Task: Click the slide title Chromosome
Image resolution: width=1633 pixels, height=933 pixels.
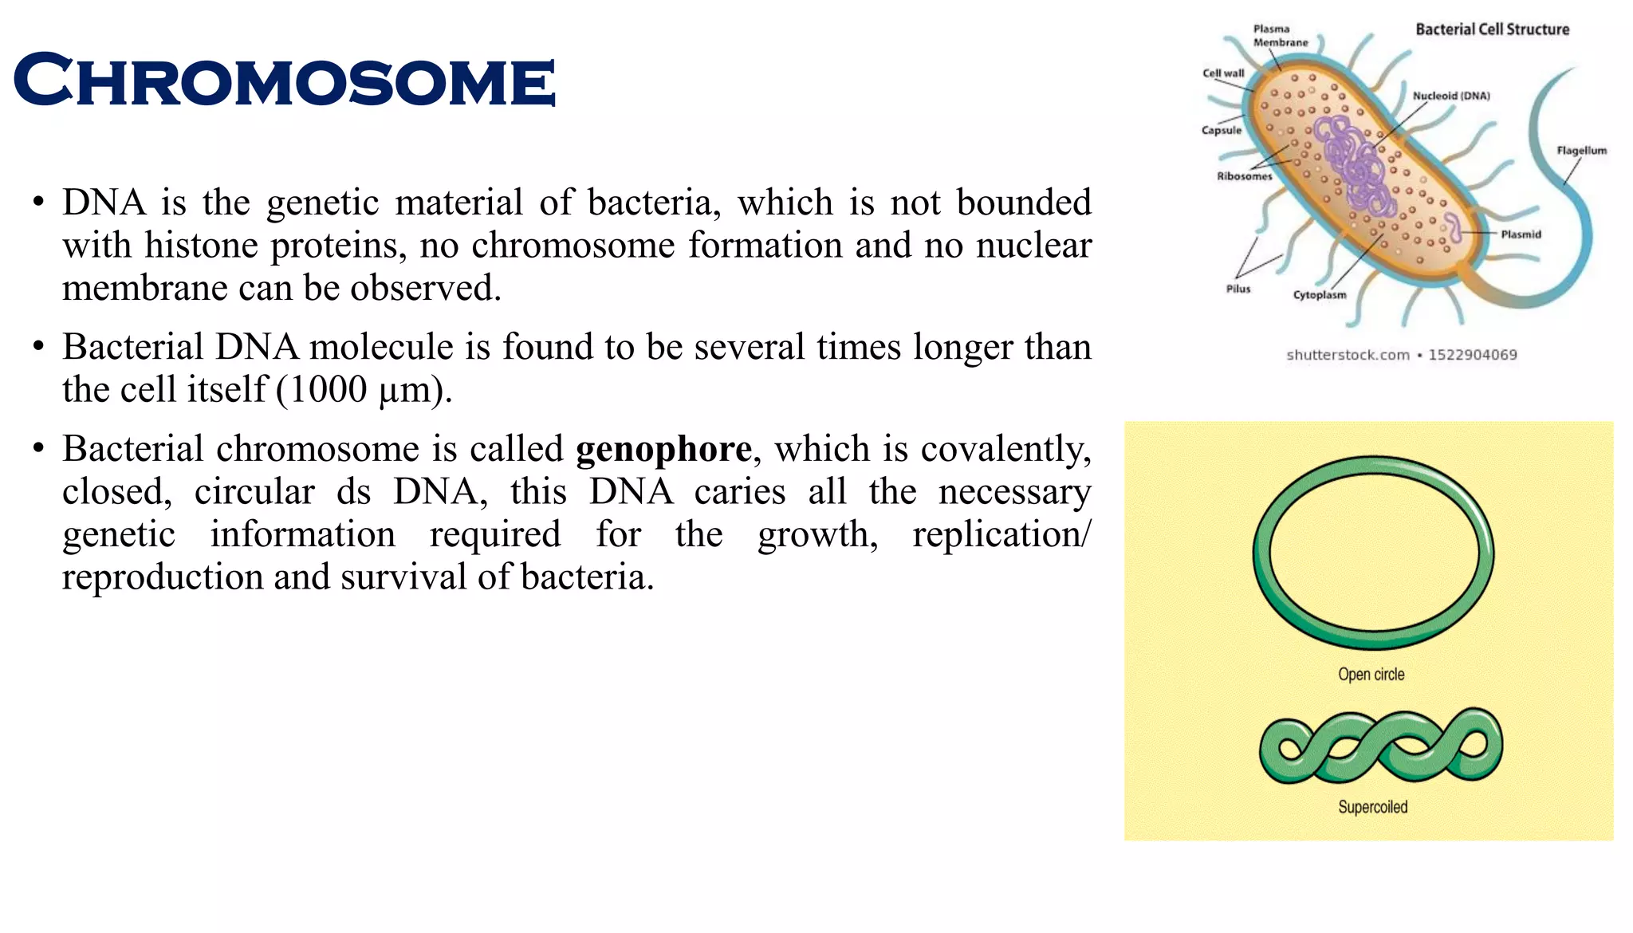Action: coord(284,81)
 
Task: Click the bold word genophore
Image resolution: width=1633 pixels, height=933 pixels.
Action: coord(663,449)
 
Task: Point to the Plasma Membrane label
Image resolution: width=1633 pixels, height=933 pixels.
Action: coord(1280,36)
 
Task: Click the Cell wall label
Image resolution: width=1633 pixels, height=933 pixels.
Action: coord(1223,73)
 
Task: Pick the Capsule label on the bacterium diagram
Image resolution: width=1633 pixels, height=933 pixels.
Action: coord(1222,131)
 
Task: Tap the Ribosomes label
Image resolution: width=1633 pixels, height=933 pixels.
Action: coord(1244,176)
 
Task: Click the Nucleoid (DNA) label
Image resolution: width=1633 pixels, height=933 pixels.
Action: coord(1451,96)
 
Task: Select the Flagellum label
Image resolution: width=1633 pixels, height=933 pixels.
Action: coord(1581,151)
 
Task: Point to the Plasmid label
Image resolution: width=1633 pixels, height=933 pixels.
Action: coord(1521,234)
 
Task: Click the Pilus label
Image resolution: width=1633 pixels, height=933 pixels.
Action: coord(1238,289)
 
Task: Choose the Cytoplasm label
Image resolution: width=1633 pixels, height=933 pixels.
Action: coord(1320,295)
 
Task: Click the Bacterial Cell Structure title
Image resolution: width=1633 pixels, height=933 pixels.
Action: coord(1492,30)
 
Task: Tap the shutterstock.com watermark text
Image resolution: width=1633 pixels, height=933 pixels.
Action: coord(1348,355)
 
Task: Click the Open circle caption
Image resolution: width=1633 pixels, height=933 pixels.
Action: coord(1371,675)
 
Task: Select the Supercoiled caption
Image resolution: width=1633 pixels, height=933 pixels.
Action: coord(1372,807)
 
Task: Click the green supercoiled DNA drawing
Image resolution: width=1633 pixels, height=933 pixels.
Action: coord(1380,746)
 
